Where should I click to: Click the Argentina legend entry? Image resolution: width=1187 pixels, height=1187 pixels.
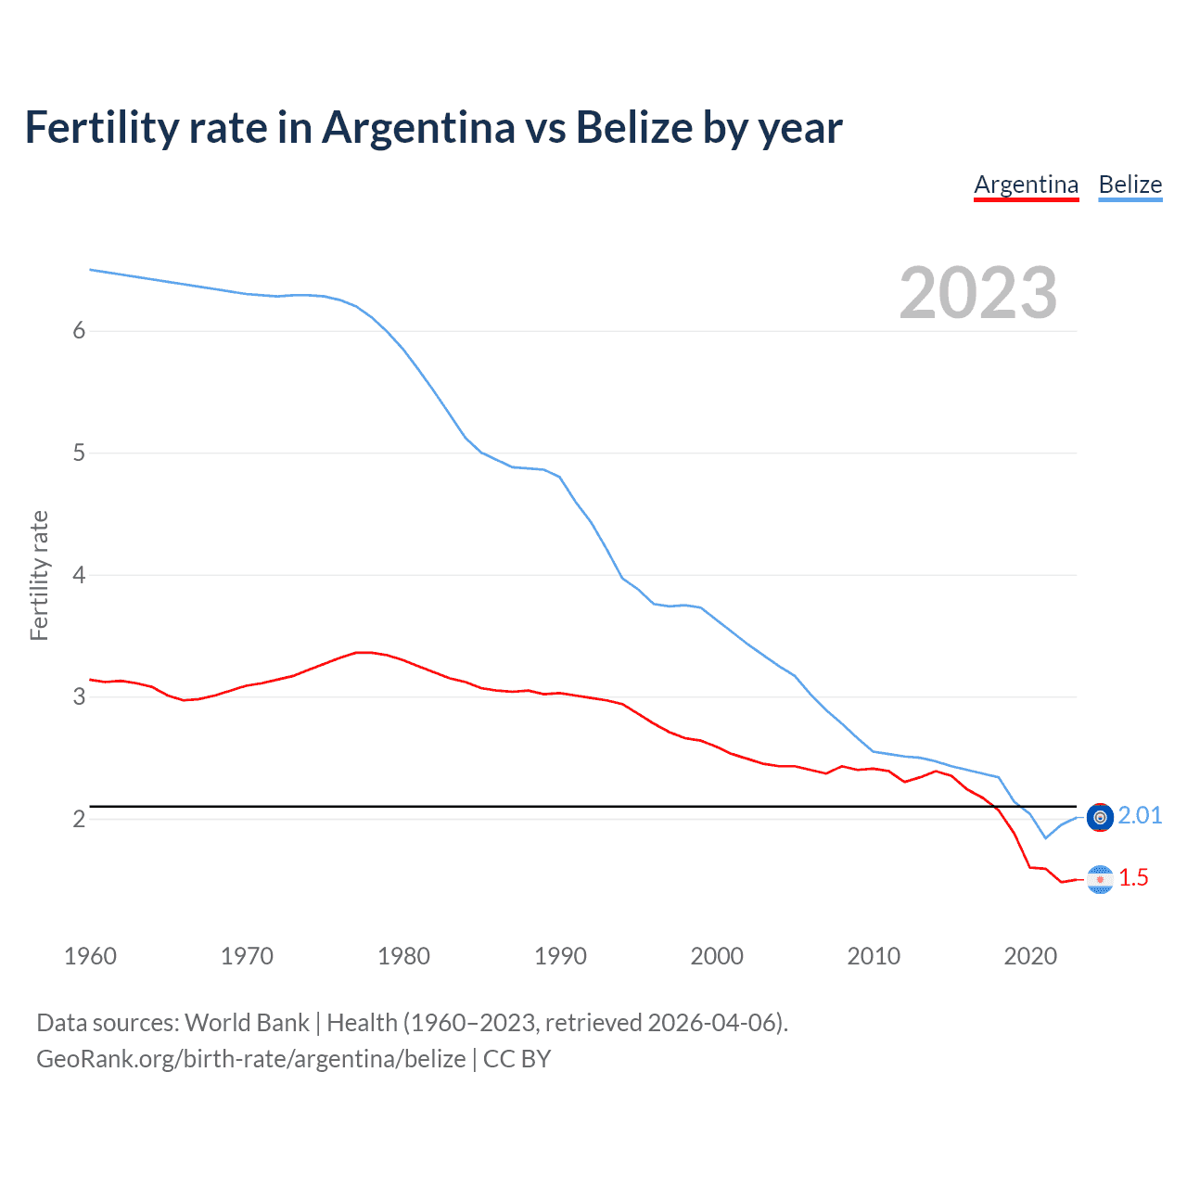[1026, 185]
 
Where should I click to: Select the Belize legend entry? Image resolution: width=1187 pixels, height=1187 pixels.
[1130, 185]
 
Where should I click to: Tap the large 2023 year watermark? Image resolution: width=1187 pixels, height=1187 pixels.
[977, 293]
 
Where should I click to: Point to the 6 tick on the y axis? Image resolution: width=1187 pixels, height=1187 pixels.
[79, 331]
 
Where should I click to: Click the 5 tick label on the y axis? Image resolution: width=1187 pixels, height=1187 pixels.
[79, 453]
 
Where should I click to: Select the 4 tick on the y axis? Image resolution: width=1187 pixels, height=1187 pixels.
[79, 575]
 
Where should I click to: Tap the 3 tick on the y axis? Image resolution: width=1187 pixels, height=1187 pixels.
[79, 697]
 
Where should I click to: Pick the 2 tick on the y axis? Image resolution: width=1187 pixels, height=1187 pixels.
[79, 819]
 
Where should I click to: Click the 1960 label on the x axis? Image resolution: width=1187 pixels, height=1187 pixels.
[90, 956]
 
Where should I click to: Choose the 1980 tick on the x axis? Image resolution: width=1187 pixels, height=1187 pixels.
[403, 956]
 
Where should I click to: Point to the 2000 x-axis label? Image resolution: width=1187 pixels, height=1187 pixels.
[717, 956]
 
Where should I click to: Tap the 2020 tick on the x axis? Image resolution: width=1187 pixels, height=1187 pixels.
[1030, 956]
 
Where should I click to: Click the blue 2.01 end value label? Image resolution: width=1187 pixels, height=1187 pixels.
[1140, 815]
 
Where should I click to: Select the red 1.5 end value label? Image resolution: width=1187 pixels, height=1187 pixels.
[1133, 877]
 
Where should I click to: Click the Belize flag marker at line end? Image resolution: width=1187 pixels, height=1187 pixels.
[1100, 817]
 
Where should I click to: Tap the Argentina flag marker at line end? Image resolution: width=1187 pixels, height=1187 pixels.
[1100, 879]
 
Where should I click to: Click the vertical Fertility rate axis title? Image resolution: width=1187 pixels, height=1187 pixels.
[39, 575]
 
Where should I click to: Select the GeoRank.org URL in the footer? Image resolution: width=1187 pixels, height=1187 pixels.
[250, 1059]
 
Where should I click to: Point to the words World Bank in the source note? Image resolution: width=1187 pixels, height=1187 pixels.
[247, 1023]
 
